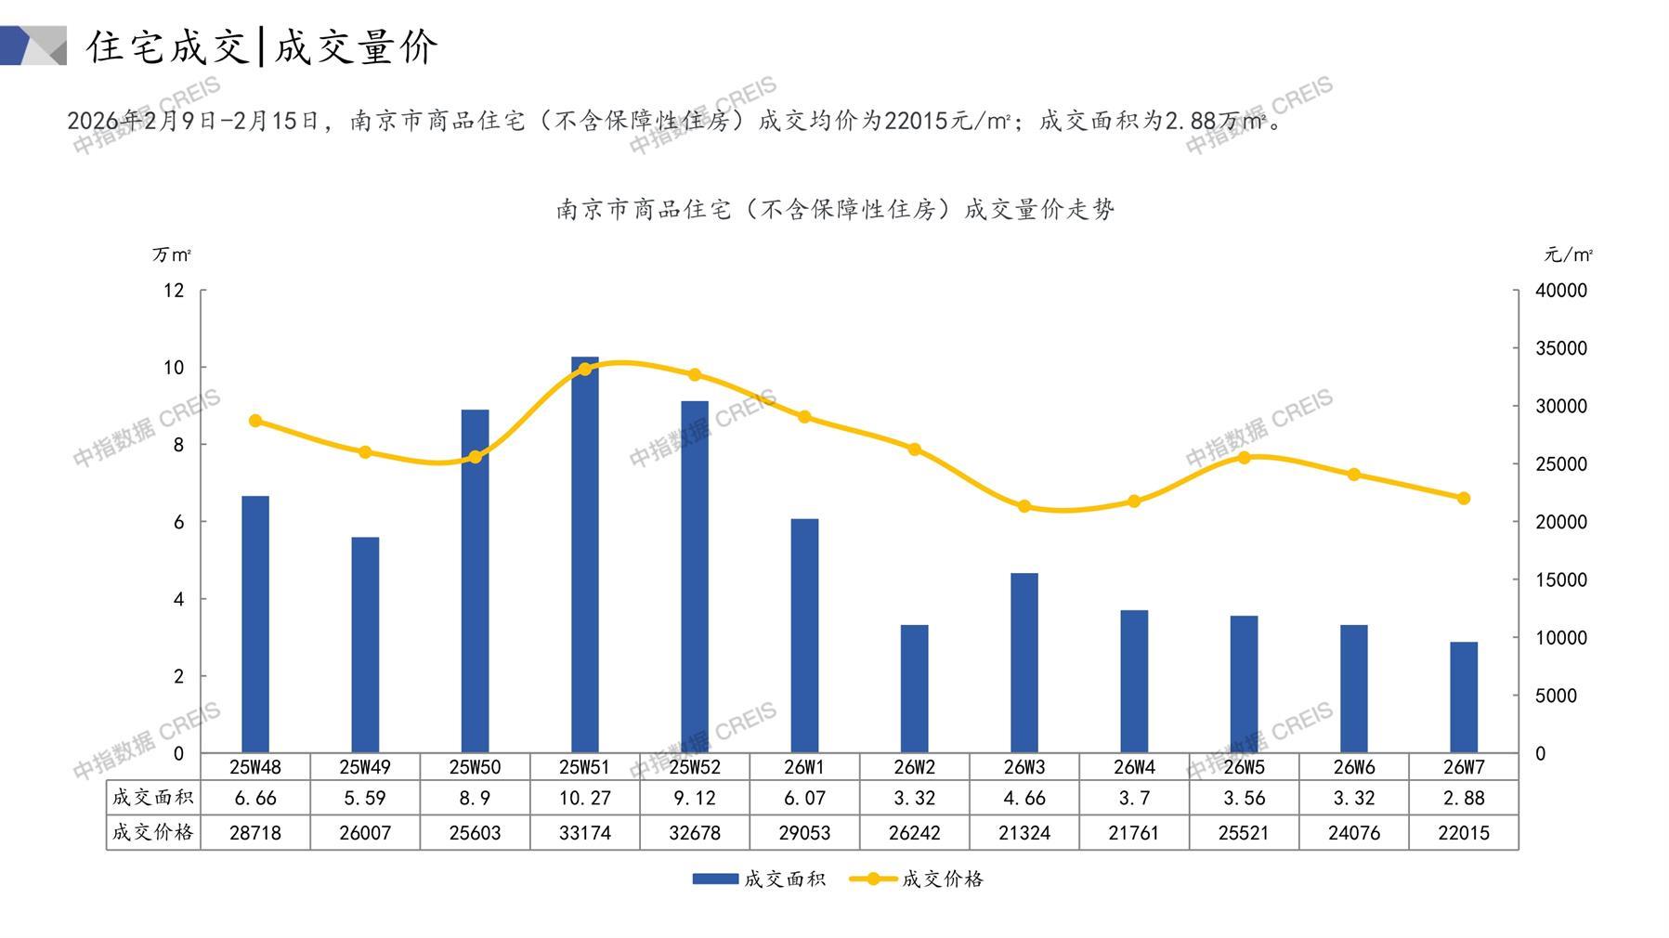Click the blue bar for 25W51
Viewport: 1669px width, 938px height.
pyautogui.click(x=584, y=554)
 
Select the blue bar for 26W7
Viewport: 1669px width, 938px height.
pyautogui.click(x=1463, y=697)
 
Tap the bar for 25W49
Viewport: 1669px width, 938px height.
pyautogui.click(x=365, y=645)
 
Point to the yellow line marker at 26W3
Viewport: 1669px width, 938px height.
pyautogui.click(x=1024, y=506)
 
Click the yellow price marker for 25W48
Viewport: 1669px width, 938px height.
pyautogui.click(x=255, y=421)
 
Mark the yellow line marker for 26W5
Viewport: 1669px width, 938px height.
pyautogui.click(x=1244, y=457)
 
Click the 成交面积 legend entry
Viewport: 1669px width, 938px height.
pyautogui.click(x=759, y=879)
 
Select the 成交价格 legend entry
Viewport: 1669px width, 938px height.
pyautogui.click(x=917, y=879)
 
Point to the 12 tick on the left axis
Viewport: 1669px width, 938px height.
pyautogui.click(x=174, y=291)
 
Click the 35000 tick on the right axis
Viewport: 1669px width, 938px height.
pyautogui.click(x=1560, y=348)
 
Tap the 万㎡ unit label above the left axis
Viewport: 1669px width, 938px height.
pyautogui.click(x=172, y=254)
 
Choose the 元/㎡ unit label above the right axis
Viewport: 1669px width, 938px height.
pyautogui.click(x=1568, y=254)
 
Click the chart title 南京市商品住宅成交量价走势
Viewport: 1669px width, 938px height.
pyautogui.click(x=834, y=210)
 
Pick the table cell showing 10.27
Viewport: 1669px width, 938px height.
pyautogui.click(x=584, y=798)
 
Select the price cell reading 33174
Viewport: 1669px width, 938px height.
pyautogui.click(x=584, y=833)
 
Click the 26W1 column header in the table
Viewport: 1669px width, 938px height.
pyautogui.click(x=804, y=767)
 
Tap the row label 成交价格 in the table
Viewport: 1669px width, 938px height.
pyautogui.click(x=152, y=832)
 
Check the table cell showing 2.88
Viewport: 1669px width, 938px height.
pyautogui.click(x=1463, y=798)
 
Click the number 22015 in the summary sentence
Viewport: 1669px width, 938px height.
pyautogui.click(x=916, y=121)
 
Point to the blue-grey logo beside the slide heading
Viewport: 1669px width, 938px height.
pyautogui.click(x=33, y=46)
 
